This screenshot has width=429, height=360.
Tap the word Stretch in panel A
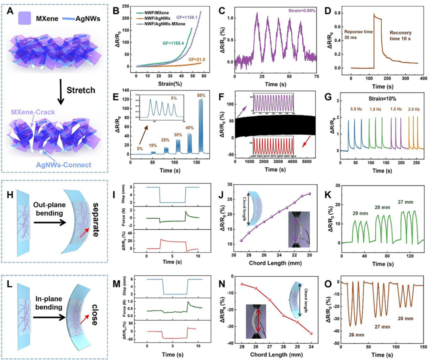(81, 90)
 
